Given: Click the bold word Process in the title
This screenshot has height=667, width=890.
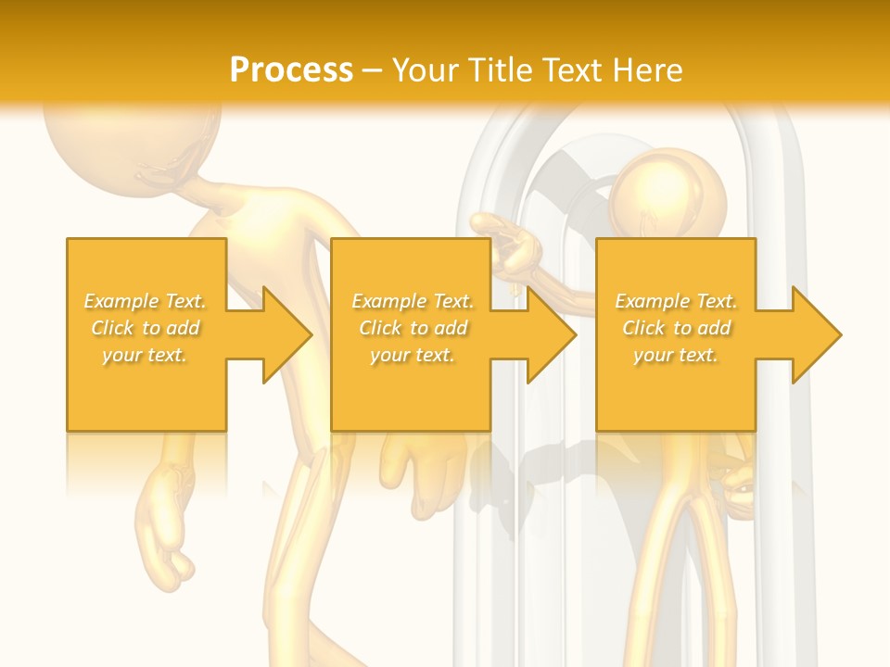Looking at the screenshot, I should tap(291, 70).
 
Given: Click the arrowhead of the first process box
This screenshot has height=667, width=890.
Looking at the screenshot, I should tap(284, 334).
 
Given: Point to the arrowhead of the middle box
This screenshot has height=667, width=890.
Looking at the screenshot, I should tap(549, 334).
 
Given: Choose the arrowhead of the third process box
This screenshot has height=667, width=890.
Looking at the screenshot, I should tap(814, 334).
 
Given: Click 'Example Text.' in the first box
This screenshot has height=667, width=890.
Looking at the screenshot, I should tap(146, 301).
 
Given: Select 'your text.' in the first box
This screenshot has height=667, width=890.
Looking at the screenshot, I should tap(146, 355).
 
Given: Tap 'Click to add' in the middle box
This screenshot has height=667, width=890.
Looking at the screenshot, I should tap(413, 328).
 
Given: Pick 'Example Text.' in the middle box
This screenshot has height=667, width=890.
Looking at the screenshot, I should tap(413, 301).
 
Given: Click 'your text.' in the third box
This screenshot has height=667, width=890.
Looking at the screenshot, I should tap(676, 355).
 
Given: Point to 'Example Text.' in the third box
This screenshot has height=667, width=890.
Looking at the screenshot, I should tap(676, 301).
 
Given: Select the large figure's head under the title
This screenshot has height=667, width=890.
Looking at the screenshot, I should tap(130, 139).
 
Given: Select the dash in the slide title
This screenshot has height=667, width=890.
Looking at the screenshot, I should tap(373, 70).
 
